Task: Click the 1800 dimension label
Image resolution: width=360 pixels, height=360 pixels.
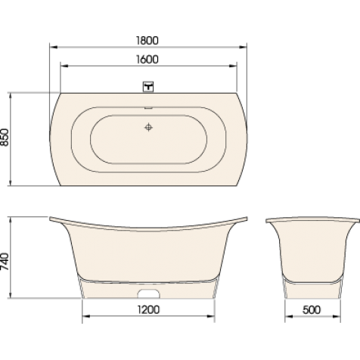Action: point(147,41)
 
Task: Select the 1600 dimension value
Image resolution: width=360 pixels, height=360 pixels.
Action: point(147,60)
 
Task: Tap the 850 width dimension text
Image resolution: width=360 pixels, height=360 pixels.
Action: point(5,137)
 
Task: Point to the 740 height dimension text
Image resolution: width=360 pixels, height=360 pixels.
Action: point(5,262)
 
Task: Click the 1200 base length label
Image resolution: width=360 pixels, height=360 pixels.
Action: point(148,310)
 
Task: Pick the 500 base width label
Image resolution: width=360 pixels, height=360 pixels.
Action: point(312,310)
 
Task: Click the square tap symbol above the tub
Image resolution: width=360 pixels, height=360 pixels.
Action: point(148,87)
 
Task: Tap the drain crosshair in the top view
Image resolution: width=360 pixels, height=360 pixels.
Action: point(148,127)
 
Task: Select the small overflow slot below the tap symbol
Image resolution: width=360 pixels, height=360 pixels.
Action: point(148,108)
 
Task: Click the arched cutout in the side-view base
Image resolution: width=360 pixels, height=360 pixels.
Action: point(149,293)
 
